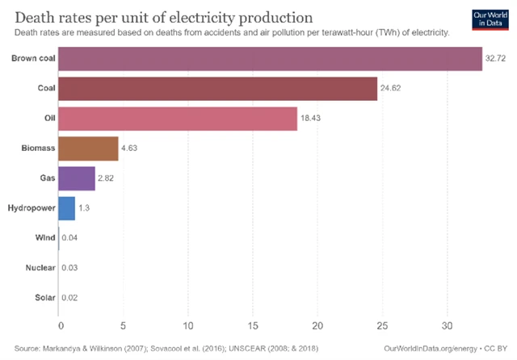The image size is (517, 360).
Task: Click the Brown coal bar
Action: click(271, 59)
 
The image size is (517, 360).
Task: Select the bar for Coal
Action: click(218, 89)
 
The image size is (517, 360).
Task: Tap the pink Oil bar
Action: click(179, 119)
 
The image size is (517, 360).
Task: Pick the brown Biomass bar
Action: click(89, 149)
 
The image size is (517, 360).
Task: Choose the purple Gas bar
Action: click(78, 178)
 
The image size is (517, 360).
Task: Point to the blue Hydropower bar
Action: click(67, 208)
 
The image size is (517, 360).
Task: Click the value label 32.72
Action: click(495, 60)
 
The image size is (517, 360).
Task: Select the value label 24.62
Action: click(391, 90)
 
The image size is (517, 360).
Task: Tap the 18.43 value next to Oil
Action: click(312, 119)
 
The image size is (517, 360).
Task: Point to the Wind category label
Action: click(45, 238)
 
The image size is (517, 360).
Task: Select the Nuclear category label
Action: click(40, 268)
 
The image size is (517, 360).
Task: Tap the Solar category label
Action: click(44, 298)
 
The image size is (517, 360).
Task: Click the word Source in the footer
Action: click(28, 347)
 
